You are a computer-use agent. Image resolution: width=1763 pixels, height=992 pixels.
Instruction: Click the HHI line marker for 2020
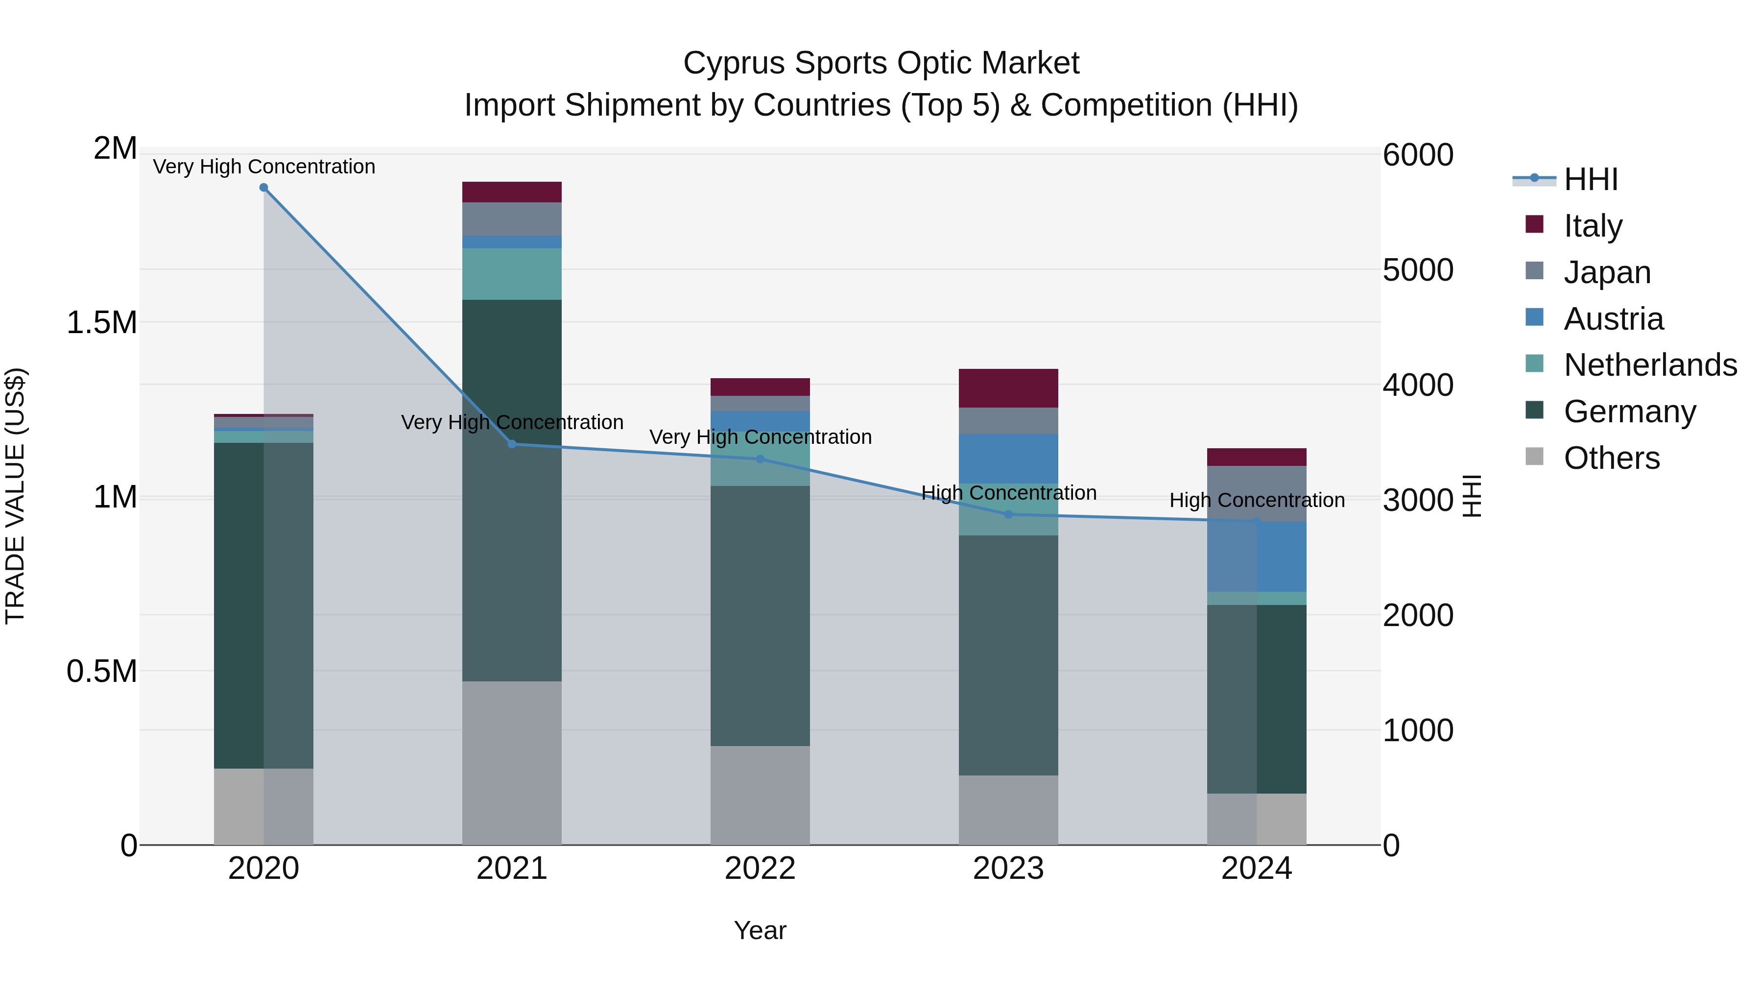point(263,188)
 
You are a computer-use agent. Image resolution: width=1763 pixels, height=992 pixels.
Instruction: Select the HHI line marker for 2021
point(512,444)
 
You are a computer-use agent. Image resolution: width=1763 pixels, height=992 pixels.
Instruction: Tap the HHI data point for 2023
point(1008,515)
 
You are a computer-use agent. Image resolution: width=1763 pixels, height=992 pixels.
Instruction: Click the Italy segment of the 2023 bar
point(1008,388)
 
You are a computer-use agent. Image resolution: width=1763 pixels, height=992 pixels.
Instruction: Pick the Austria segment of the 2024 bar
point(1257,556)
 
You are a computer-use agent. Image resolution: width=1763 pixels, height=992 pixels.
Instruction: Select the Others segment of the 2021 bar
point(512,763)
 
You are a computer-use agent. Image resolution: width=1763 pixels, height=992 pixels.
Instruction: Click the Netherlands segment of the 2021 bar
point(512,274)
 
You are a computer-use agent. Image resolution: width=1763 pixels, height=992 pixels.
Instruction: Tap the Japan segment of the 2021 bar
point(512,218)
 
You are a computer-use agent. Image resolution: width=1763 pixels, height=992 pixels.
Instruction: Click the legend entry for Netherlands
point(1650,365)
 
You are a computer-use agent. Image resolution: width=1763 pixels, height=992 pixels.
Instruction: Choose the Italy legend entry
point(1593,225)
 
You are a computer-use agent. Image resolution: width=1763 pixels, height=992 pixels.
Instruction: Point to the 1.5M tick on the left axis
point(102,322)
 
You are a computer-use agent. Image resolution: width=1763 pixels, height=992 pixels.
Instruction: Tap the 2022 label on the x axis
point(760,869)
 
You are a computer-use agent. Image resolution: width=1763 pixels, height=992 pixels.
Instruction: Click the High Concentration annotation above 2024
point(1257,501)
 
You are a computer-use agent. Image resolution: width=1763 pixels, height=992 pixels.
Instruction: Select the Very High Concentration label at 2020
point(263,167)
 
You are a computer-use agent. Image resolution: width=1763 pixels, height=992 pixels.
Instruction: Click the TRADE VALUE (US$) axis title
point(16,496)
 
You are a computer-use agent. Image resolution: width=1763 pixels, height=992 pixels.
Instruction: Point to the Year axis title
point(760,930)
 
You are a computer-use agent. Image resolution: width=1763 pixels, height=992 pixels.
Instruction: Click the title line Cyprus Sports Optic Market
point(881,63)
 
